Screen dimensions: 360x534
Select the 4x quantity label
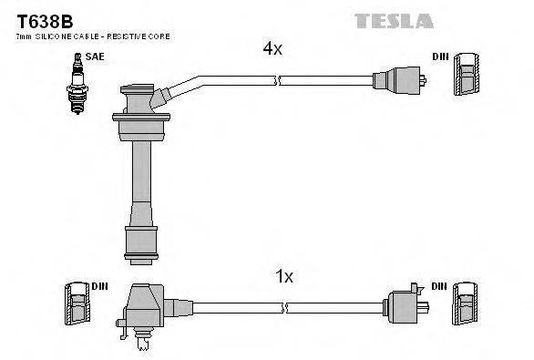pos(272,50)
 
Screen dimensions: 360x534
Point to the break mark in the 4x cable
pos(276,81)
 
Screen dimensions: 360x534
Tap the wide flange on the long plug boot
pos(140,117)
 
